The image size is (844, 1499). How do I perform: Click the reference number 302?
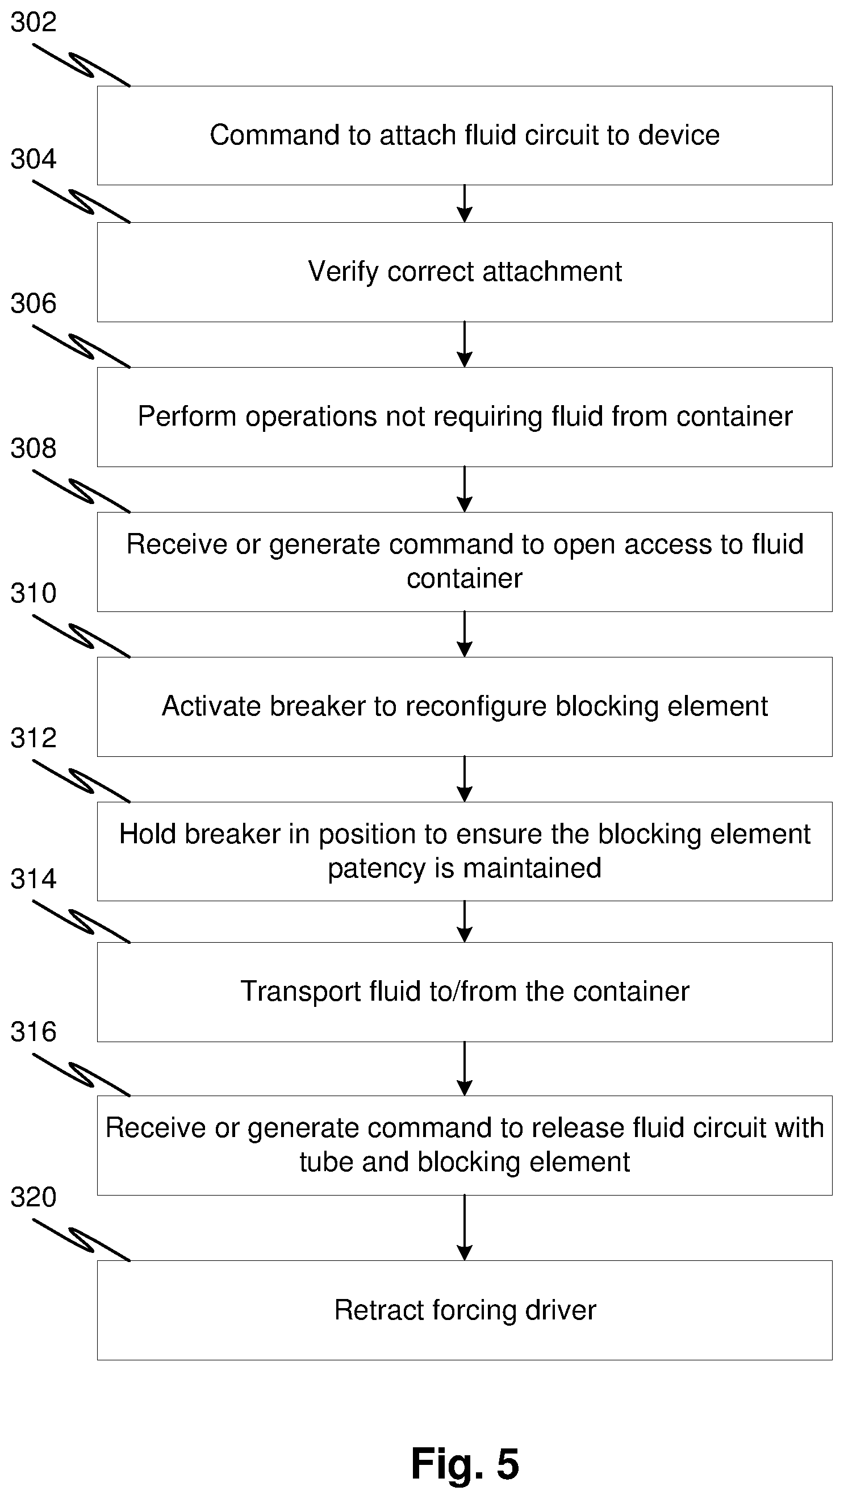click(33, 22)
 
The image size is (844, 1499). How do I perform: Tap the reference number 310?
click(33, 593)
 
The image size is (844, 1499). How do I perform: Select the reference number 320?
click(33, 1197)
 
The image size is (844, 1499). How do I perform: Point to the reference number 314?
click(33, 878)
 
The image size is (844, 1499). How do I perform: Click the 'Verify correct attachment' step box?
click(464, 272)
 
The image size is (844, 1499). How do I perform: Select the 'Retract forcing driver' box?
click(464, 1310)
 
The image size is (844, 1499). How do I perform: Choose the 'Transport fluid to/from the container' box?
click(464, 992)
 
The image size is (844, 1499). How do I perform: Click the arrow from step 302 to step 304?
click(464, 203)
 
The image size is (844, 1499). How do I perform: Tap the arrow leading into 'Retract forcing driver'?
click(464, 1228)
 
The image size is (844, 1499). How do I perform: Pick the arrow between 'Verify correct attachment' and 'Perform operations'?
click(464, 344)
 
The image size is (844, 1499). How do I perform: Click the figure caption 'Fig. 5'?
click(465, 1463)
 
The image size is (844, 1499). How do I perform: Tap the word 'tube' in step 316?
click(326, 1162)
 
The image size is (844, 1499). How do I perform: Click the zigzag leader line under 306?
click(81, 346)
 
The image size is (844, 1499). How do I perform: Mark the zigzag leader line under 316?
click(81, 1075)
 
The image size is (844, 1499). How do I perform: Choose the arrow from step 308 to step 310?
click(464, 634)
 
